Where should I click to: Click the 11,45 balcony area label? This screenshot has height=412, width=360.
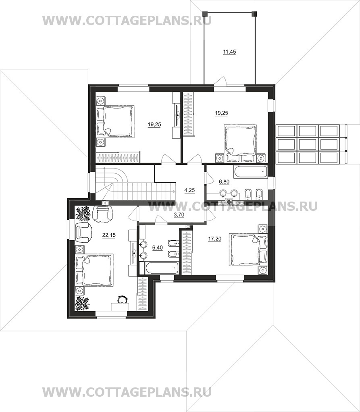tap(229, 52)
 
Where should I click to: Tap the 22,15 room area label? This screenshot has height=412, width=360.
tap(109, 235)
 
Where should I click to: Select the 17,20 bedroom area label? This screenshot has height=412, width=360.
tap(215, 239)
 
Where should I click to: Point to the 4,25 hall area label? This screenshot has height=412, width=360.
tap(189, 190)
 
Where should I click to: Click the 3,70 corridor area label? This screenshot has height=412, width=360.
tap(179, 215)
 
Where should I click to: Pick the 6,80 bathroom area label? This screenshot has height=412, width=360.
tap(224, 181)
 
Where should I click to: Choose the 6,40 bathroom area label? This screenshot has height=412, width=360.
tap(158, 247)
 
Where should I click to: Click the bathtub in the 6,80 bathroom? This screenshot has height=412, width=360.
tap(251, 171)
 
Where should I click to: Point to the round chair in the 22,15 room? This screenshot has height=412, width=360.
tap(122, 299)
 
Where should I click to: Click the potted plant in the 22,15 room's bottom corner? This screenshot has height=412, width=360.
tap(83, 304)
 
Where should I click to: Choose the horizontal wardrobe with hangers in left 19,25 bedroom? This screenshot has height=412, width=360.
tap(117, 157)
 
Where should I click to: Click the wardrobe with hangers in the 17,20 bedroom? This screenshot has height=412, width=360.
tap(187, 251)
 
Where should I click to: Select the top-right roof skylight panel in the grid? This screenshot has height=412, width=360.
tap(329, 131)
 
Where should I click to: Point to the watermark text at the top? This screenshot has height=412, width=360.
tap(127, 21)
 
